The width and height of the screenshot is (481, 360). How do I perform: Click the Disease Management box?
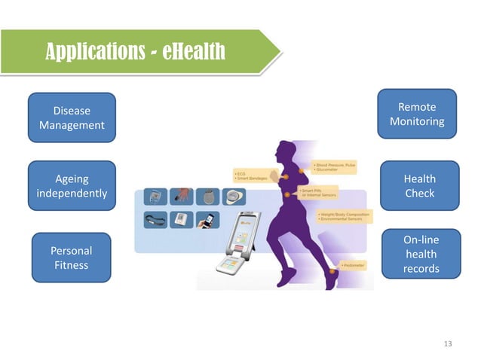tap(72, 117)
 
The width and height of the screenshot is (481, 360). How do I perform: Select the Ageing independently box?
tap(72, 186)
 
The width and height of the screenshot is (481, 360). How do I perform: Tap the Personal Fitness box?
tap(71, 258)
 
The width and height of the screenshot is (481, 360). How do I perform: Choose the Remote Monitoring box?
tap(417, 114)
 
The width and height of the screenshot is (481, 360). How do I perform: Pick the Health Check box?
tap(419, 185)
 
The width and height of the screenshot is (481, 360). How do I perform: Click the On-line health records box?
tap(421, 254)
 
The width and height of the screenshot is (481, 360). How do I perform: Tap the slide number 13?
tap(448, 344)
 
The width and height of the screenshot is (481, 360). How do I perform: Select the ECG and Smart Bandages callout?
tap(248, 176)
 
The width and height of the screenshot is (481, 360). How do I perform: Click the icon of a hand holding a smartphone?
tap(206, 221)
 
